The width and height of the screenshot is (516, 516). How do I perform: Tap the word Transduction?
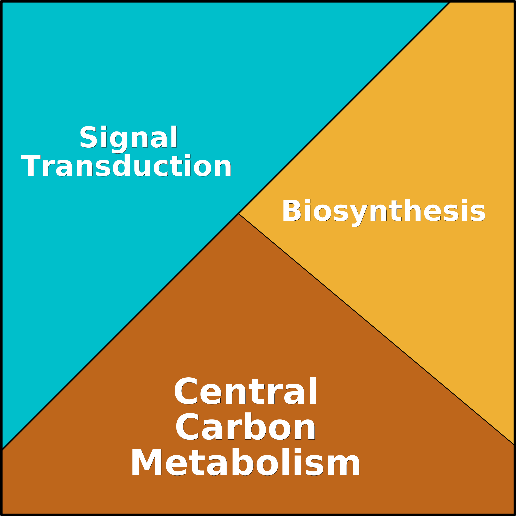coord(126,165)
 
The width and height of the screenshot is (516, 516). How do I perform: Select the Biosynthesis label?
coord(384,213)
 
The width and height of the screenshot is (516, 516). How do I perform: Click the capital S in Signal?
coord(88,136)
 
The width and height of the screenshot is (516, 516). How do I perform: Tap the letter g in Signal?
coord(119,142)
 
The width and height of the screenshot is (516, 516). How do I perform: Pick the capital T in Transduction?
coord(31,165)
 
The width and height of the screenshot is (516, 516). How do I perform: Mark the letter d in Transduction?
coord(121,165)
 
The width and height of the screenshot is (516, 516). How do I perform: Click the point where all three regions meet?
coord(238,214)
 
